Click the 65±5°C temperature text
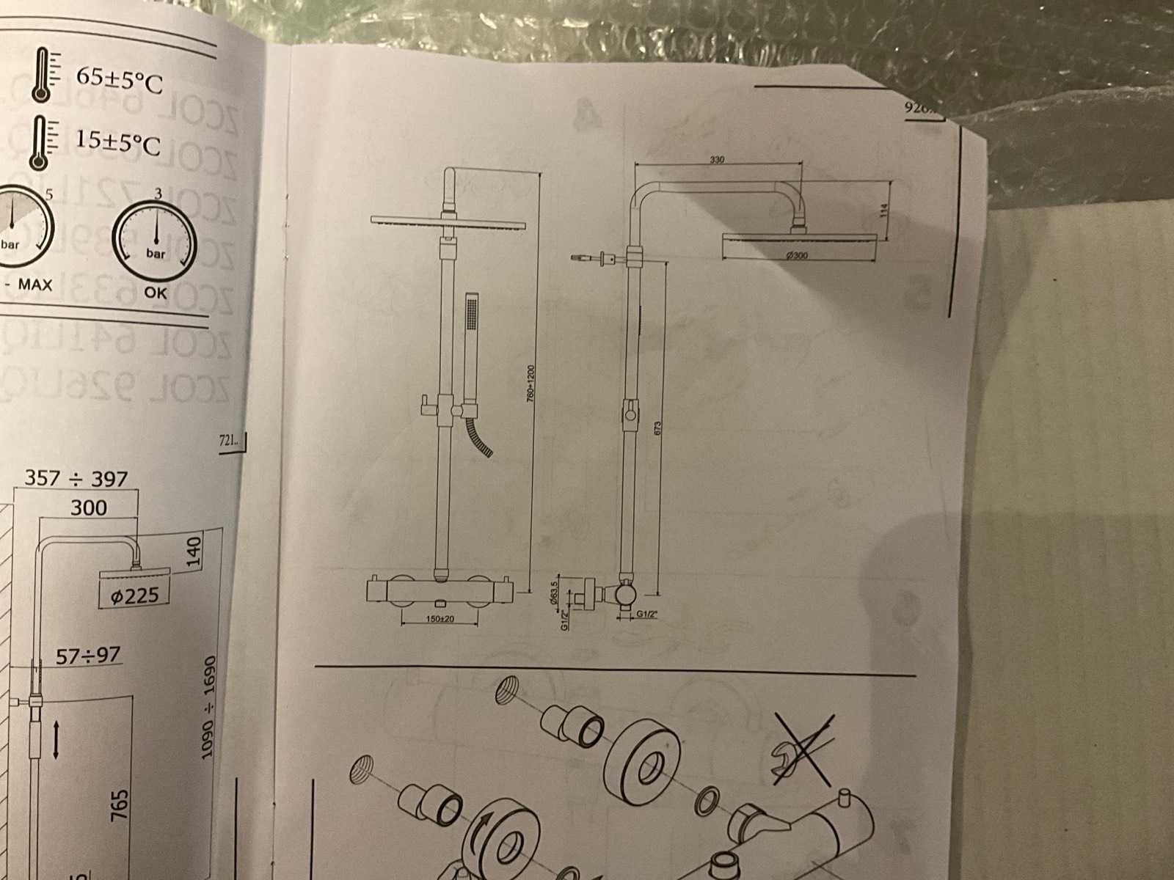click(118, 81)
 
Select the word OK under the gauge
click(156, 293)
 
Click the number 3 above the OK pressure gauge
click(158, 193)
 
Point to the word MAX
click(35, 284)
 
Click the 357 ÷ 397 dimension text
click(76, 479)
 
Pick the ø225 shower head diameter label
click(134, 595)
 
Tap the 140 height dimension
click(193, 552)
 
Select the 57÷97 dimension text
click(88, 655)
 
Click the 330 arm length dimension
click(718, 159)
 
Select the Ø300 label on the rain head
click(796, 255)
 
